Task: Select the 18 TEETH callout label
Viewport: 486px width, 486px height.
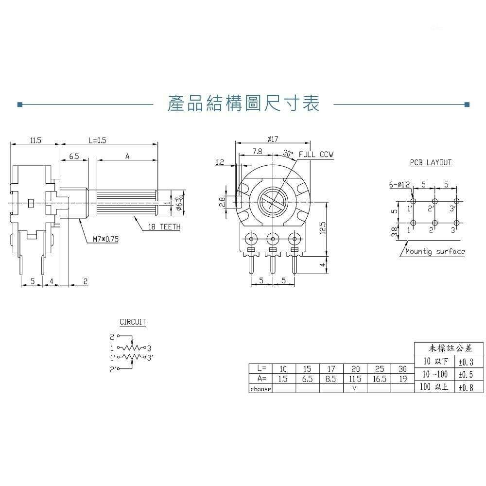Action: pyautogui.click(x=164, y=227)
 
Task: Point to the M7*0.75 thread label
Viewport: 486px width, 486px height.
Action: pyautogui.click(x=105, y=239)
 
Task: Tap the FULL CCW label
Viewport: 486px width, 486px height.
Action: pyautogui.click(x=316, y=155)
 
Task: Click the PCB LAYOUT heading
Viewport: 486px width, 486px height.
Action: pyautogui.click(x=430, y=163)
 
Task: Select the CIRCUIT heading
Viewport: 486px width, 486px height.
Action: pyautogui.click(x=133, y=322)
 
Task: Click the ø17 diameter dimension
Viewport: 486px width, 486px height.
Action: pyautogui.click(x=273, y=139)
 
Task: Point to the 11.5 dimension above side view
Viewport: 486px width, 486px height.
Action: pyautogui.click(x=35, y=140)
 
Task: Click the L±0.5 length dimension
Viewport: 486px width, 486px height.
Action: pyautogui.click(x=97, y=140)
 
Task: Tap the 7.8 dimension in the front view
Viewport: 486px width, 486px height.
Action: pyautogui.click(x=257, y=152)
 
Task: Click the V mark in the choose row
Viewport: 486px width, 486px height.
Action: pyautogui.click(x=355, y=389)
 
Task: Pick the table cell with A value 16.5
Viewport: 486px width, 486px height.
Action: pyautogui.click(x=379, y=379)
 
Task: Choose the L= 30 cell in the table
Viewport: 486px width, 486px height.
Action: pyautogui.click(x=402, y=369)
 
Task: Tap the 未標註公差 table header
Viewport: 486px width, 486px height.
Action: pyautogui.click(x=449, y=348)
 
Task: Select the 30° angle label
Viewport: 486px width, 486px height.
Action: pyautogui.click(x=289, y=154)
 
